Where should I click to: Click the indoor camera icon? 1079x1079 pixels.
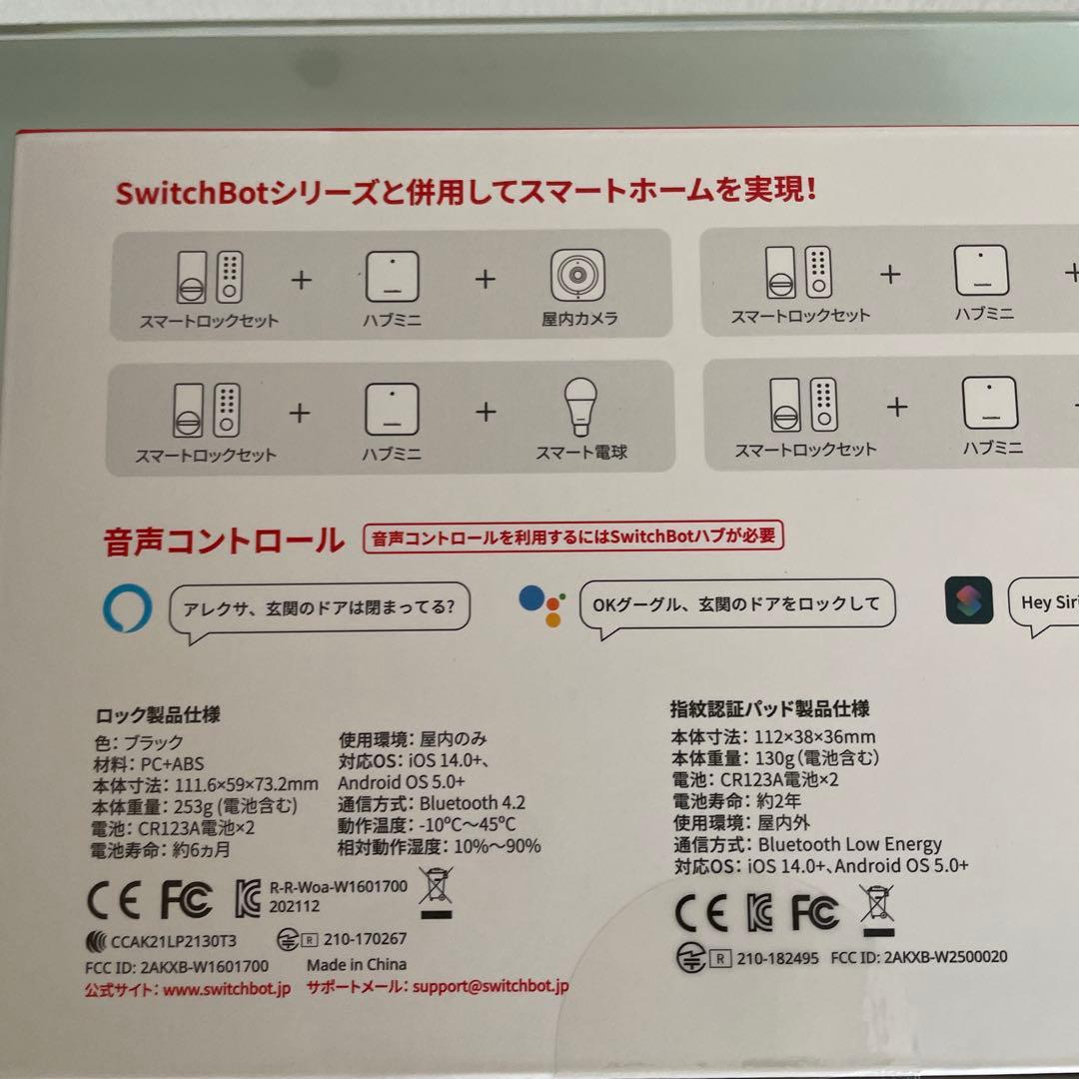pyautogui.click(x=578, y=277)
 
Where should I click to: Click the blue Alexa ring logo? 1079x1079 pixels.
pyautogui.click(x=128, y=607)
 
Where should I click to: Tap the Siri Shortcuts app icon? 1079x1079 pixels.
pyautogui.click(x=968, y=600)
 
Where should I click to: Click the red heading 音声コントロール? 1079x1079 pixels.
pyautogui.click(x=223, y=541)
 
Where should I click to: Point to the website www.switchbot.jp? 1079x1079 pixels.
pyautogui.click(x=226, y=988)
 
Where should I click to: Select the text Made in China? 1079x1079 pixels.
pyautogui.click(x=357, y=965)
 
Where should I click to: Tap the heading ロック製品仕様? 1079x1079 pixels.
pyautogui.click(x=157, y=715)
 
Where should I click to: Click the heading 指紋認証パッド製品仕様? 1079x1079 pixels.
pyautogui.click(x=769, y=709)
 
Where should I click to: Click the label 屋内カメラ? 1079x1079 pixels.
pyautogui.click(x=580, y=320)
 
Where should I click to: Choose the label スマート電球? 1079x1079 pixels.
pyautogui.click(x=581, y=454)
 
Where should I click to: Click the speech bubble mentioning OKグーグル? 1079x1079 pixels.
pyautogui.click(x=737, y=605)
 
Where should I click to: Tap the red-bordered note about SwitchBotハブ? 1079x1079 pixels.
pyautogui.click(x=574, y=538)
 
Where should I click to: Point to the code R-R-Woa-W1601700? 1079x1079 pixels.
pyautogui.click(x=339, y=886)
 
